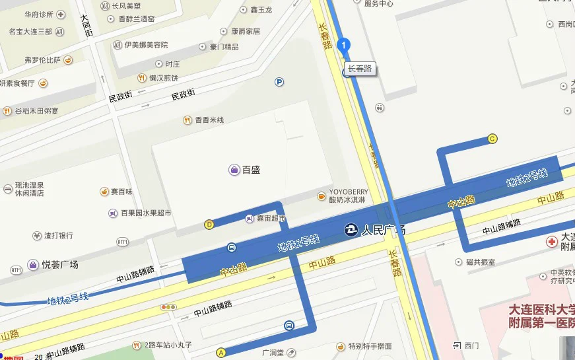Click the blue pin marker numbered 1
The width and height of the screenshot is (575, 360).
click(x=343, y=44)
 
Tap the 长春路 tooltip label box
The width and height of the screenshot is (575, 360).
click(x=360, y=68)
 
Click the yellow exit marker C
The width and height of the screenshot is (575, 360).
click(x=492, y=139)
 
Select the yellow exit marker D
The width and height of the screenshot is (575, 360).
click(x=209, y=224)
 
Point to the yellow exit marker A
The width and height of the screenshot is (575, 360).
click(x=220, y=352)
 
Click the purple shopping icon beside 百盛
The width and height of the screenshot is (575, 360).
click(x=234, y=170)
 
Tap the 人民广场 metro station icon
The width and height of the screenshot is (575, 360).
click(x=353, y=230)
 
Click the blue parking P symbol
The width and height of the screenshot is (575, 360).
click(x=279, y=82)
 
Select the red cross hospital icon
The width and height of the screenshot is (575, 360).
click(x=551, y=242)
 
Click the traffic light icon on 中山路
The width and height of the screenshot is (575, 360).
click(x=168, y=306)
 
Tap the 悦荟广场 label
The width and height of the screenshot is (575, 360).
click(x=59, y=265)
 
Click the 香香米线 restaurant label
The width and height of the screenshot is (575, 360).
click(x=209, y=120)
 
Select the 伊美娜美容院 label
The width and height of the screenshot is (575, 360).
click(x=146, y=45)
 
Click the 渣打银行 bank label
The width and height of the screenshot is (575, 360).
click(x=58, y=235)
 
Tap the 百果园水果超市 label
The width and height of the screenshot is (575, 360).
click(x=146, y=213)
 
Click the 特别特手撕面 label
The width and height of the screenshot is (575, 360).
click(x=370, y=346)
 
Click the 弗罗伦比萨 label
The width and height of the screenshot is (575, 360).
click(x=42, y=60)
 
